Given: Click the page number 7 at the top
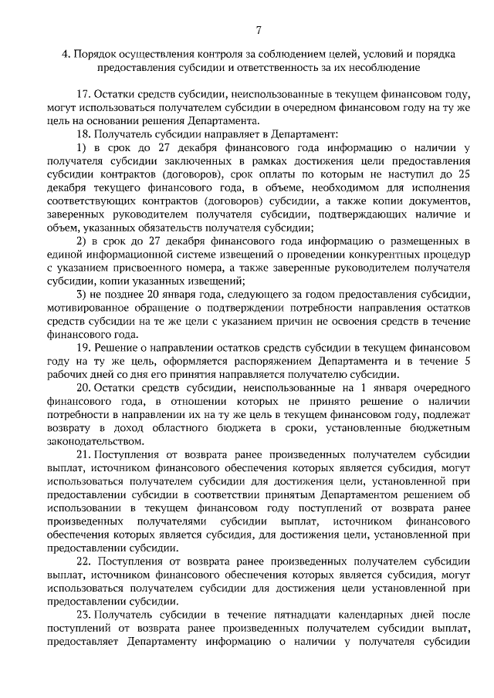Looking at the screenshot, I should pos(259,30).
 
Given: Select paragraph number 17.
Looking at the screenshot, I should pos(83,95).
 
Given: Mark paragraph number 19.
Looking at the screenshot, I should pos(83,347).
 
